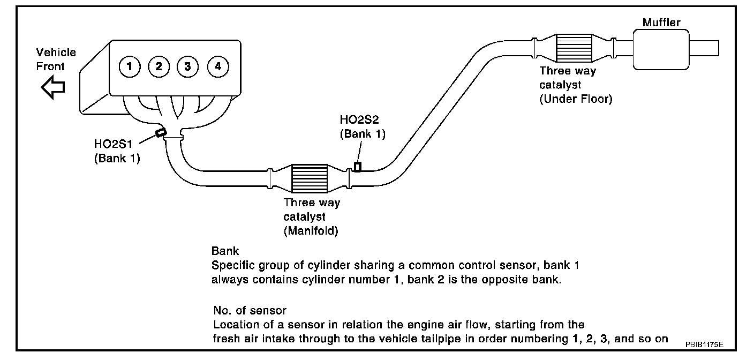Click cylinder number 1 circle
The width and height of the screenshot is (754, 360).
pyautogui.click(x=130, y=66)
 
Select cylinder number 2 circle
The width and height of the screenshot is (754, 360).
pyautogui.click(x=159, y=66)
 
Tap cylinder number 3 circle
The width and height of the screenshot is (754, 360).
pyautogui.click(x=188, y=66)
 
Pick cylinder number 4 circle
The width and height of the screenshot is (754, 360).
pyautogui.click(x=218, y=66)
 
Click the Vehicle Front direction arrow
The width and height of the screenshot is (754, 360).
pyautogui.click(x=53, y=87)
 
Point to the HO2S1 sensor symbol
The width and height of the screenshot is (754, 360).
pyautogui.click(x=161, y=132)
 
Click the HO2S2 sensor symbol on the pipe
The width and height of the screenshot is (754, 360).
pyautogui.click(x=358, y=167)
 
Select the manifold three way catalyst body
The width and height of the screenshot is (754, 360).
pyautogui.click(x=310, y=178)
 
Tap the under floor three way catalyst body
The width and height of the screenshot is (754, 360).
pyautogui.click(x=574, y=48)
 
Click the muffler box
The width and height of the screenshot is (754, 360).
pyautogui.click(x=661, y=49)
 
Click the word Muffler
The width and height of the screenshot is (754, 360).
pyautogui.click(x=661, y=22)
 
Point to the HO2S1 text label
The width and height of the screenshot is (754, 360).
pyautogui.click(x=114, y=144)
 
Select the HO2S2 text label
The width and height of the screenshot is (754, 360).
pyautogui.click(x=359, y=119)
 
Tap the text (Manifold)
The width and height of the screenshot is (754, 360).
pyautogui.click(x=311, y=231)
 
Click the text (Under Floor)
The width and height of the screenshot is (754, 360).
pyautogui.click(x=576, y=99)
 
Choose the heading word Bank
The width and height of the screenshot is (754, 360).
pyautogui.click(x=225, y=251)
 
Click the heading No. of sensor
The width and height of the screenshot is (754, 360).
pyautogui.click(x=250, y=310)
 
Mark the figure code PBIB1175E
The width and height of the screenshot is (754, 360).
pyautogui.click(x=704, y=344)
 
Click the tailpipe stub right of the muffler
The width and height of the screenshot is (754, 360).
pyautogui.click(x=704, y=48)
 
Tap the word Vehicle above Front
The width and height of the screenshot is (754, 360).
pyautogui.click(x=56, y=52)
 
